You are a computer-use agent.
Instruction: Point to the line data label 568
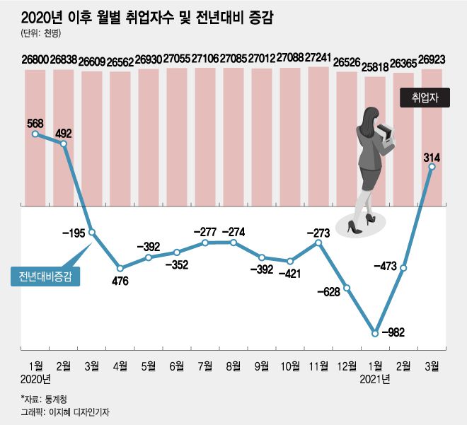click(35, 122)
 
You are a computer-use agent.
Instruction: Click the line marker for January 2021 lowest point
click(375, 332)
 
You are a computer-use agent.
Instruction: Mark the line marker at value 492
click(64, 144)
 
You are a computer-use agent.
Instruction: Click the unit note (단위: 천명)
click(40, 33)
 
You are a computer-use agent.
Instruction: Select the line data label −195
click(74, 233)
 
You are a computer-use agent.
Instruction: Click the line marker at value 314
click(432, 167)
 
